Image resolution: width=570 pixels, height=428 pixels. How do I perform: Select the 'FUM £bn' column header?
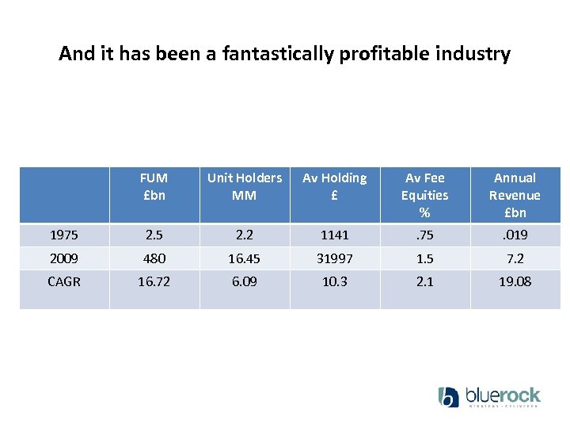coord(154,186)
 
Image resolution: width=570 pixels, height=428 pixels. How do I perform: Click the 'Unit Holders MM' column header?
coord(244,186)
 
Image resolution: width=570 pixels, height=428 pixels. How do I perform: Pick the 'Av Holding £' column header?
coord(335,186)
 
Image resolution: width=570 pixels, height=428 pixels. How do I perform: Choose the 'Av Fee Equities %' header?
coord(425,195)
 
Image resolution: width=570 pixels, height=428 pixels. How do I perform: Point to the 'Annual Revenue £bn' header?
coord(515,195)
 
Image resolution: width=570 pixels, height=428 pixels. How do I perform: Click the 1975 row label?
coord(64,235)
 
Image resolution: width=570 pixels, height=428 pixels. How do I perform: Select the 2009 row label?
coord(64,258)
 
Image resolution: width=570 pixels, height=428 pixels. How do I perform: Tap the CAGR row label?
coord(64,281)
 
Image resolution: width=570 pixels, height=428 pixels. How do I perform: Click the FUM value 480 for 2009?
coord(154,258)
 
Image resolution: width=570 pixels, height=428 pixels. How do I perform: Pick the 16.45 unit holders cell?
coord(244,258)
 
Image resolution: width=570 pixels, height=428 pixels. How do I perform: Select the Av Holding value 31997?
coord(335,258)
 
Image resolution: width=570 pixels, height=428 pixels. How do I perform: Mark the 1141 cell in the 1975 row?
coord(335,235)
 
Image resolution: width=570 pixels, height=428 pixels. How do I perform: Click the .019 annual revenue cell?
coord(515,235)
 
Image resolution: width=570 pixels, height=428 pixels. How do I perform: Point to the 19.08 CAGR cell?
coord(515,281)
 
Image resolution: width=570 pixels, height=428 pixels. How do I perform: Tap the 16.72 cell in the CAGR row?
coord(154,281)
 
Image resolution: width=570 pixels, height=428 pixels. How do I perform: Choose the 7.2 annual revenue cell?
coord(515,258)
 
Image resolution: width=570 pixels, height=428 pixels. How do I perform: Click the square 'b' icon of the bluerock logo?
coord(449,397)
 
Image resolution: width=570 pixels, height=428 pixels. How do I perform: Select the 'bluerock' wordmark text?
coord(503,395)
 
